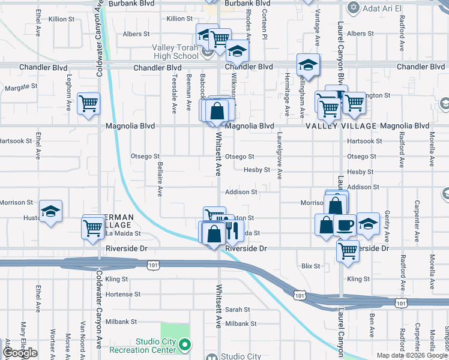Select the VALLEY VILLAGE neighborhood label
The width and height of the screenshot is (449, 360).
click(x=341, y=126)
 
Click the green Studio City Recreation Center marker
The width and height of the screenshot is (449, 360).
click(x=185, y=345)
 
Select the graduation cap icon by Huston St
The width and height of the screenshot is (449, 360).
click(x=51, y=211)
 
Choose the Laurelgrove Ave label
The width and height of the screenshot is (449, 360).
click(x=279, y=156)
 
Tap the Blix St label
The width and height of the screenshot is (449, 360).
click(x=311, y=265)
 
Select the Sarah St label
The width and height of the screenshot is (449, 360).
click(x=238, y=310)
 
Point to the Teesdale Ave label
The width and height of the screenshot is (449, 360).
click(x=174, y=93)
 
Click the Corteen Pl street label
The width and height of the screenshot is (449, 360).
click(x=264, y=28)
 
